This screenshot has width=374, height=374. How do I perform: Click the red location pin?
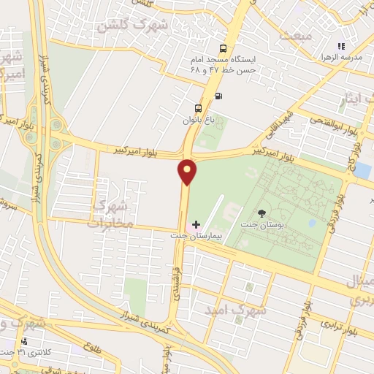coord(188,171)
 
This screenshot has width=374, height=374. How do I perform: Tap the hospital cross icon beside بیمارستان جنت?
coord(195,224)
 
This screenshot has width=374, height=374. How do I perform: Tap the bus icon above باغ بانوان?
coord(197,109)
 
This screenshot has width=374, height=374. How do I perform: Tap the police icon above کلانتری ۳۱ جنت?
coord(25,341)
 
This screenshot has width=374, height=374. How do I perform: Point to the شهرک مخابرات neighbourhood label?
coord(110,210)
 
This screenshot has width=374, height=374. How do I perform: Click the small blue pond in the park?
coord(312,221)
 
